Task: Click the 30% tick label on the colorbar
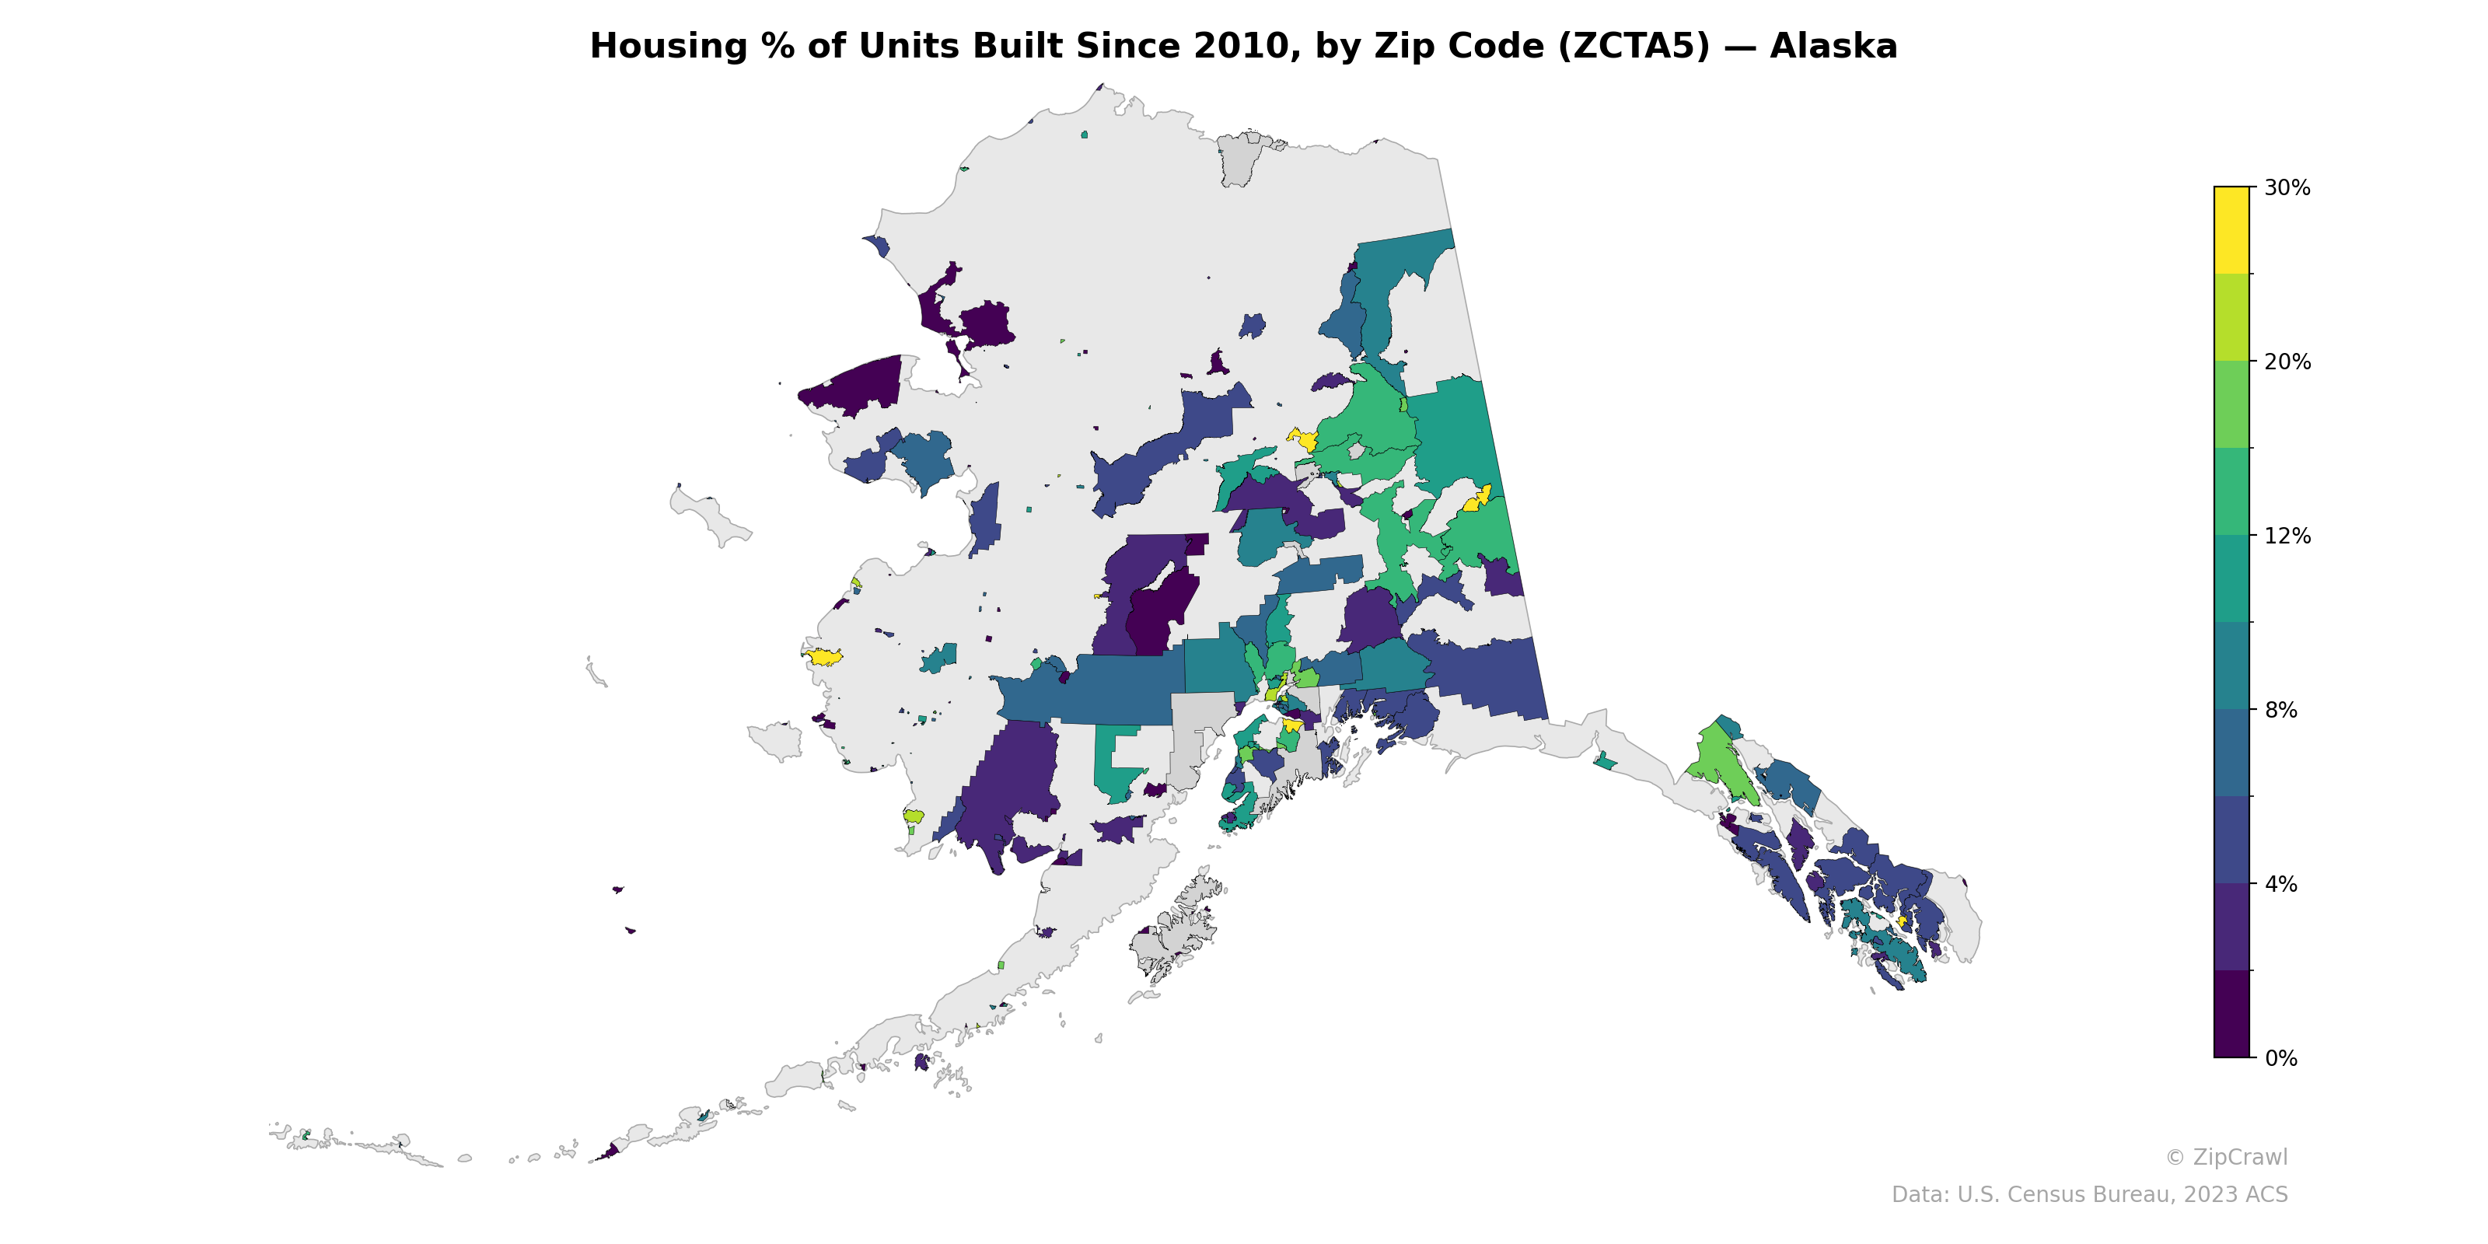2286,188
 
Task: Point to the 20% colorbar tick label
2286,362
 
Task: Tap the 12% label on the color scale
2286,536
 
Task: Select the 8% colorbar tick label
2281,710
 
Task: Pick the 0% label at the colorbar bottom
2281,1058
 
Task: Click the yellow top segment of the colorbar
2231,230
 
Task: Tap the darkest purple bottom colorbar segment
2231,1014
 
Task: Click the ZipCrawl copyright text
2226,1157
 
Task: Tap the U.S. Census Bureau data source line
2089,1195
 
